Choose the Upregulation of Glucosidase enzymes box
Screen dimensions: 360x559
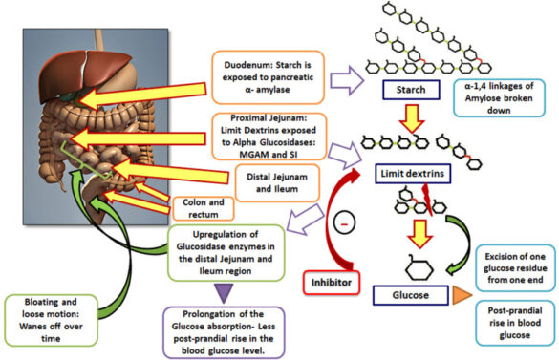click(225, 247)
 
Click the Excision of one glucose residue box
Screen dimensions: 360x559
click(513, 262)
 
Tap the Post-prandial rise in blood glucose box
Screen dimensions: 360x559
click(514, 323)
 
